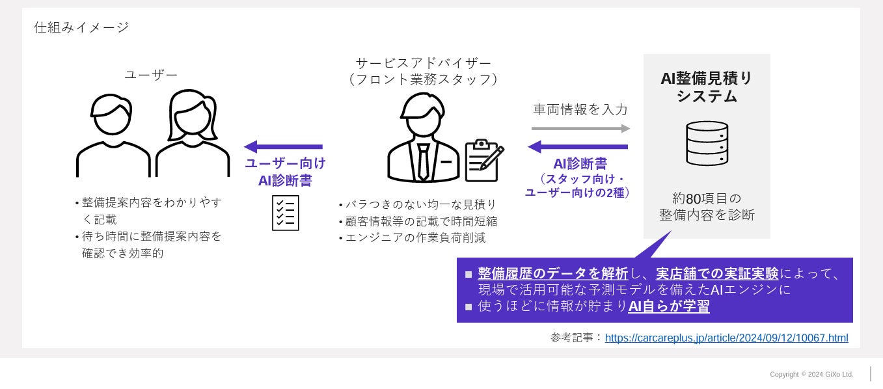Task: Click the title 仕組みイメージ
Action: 81,27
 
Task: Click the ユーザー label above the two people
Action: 151,75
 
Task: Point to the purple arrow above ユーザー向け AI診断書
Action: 284,147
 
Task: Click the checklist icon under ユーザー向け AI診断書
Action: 286,213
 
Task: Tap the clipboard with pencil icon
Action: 484,159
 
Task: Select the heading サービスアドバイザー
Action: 424,63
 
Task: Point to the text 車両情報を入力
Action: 580,110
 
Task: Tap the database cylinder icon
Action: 707,143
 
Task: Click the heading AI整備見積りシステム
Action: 707,87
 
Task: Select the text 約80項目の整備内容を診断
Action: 707,206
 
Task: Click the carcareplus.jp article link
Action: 726,338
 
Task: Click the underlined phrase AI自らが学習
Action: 668,306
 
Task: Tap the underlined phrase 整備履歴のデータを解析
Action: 552,273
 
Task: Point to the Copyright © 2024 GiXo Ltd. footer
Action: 811,375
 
